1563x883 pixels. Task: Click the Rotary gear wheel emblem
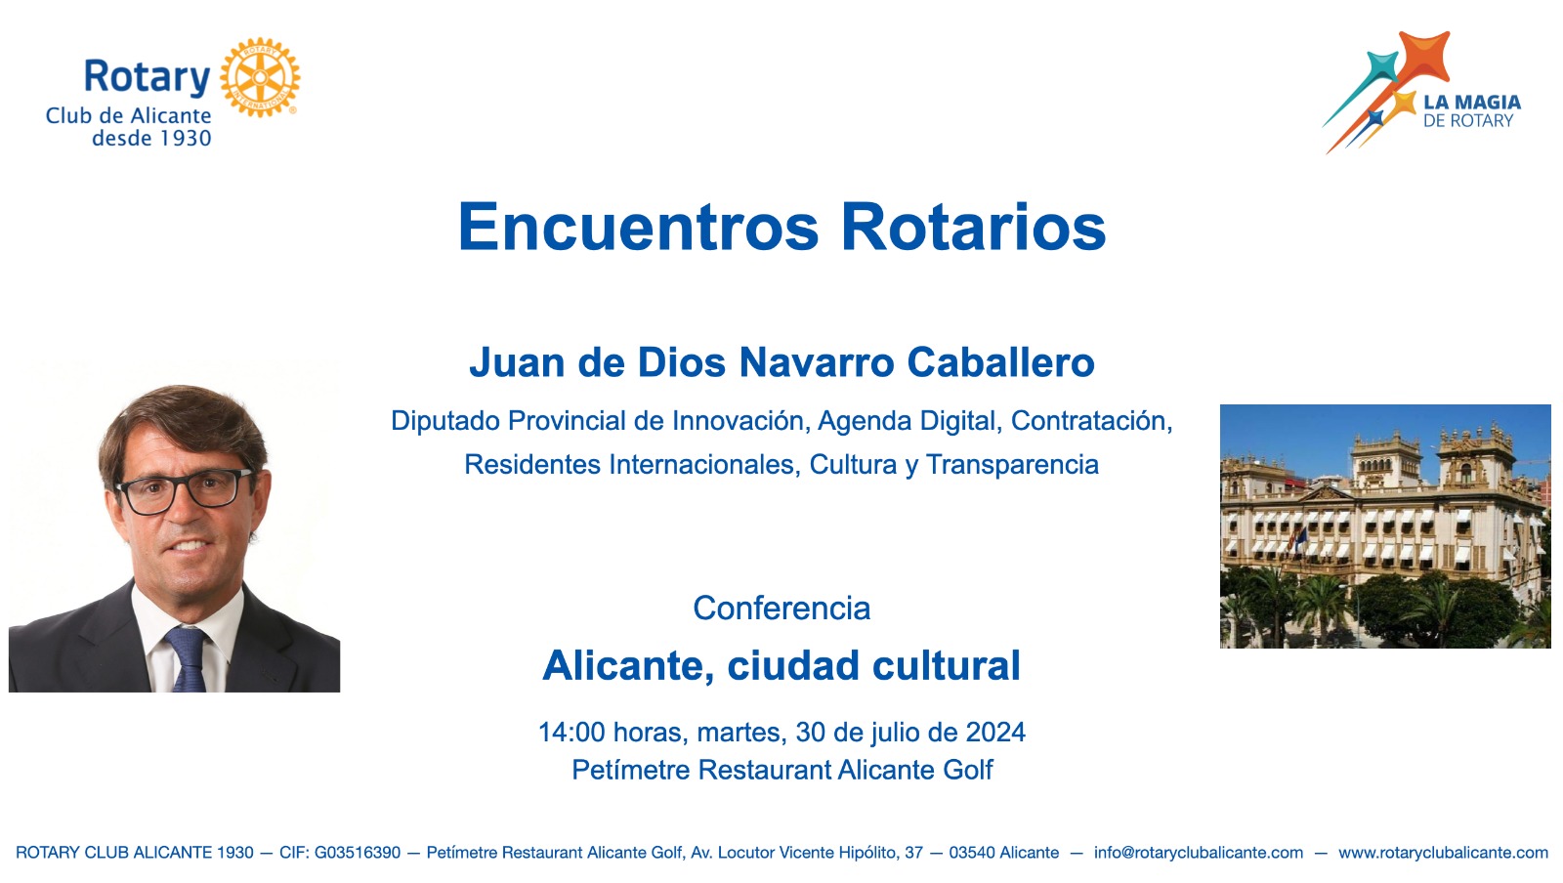coord(260,77)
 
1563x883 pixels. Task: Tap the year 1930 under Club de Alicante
coord(186,138)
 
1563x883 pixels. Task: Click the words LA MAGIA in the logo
coord(1472,103)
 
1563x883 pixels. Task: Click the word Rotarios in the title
coord(973,228)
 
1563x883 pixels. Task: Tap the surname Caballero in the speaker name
coord(1000,362)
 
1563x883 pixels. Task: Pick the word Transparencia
coord(1012,465)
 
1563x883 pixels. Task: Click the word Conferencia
coord(781,609)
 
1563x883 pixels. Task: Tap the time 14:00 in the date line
coord(571,733)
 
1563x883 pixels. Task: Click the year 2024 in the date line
coord(995,733)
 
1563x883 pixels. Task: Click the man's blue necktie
coord(187,658)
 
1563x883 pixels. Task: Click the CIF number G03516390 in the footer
coord(358,853)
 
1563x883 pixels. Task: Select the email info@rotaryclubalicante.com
coord(1198,853)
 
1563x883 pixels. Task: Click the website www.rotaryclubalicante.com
coord(1443,853)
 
